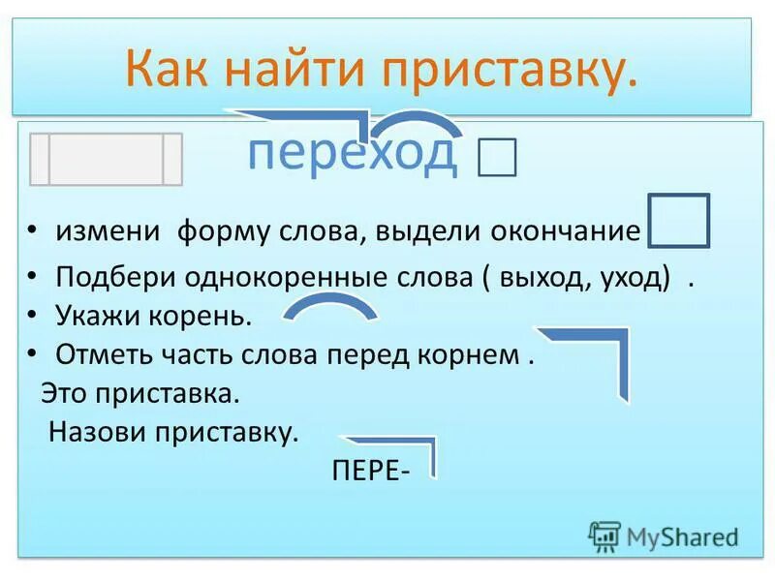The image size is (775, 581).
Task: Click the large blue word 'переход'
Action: click(352, 154)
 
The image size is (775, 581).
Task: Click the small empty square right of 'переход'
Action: click(497, 157)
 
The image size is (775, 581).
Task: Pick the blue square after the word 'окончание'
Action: click(678, 221)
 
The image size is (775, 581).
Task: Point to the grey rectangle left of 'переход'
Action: click(106, 159)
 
